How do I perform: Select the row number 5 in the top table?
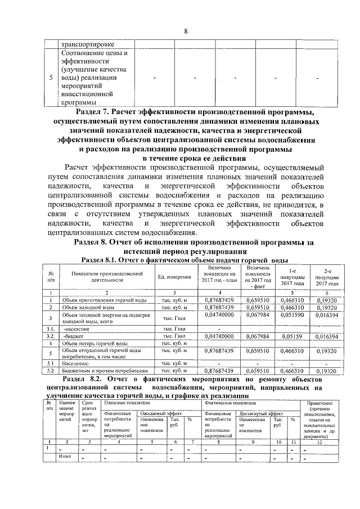click(51, 78)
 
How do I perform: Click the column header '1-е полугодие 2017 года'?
click(292, 277)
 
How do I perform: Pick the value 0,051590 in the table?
click(292, 317)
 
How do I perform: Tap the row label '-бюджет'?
click(73, 336)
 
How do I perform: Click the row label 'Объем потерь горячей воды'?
click(97, 343)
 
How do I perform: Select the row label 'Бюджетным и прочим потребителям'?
click(105, 371)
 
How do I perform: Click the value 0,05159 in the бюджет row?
click(292, 336)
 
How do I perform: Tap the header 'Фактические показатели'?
click(227, 403)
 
